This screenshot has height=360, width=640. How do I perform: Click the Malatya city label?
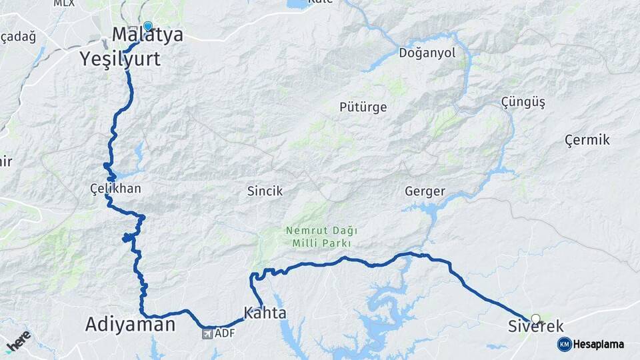[147, 35]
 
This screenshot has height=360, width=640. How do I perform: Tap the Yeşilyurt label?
[120, 59]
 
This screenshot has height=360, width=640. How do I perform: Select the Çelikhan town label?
[115, 189]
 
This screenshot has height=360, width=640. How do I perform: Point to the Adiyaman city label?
[130, 325]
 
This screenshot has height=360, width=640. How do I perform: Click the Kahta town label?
[265, 313]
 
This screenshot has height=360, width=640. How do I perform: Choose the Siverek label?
[535, 327]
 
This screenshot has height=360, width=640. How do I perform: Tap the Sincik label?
[265, 191]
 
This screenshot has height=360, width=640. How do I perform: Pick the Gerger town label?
[425, 191]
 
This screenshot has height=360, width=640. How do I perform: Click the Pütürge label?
[363, 107]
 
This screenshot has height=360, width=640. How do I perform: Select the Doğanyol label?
[427, 53]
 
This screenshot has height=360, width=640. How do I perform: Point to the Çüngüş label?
[523, 102]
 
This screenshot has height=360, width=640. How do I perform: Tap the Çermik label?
[587, 140]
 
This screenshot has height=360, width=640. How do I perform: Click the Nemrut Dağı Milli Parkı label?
[321, 237]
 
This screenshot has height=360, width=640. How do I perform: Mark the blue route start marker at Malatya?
[147, 27]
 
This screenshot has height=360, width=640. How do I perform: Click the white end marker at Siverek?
[535, 319]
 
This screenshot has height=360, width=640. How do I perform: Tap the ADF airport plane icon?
[207, 333]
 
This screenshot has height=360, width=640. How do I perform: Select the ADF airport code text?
[225, 333]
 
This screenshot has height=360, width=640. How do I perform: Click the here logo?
[18, 341]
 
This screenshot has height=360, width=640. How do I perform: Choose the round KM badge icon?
[564, 344]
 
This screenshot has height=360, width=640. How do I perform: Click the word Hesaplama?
[598, 344]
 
